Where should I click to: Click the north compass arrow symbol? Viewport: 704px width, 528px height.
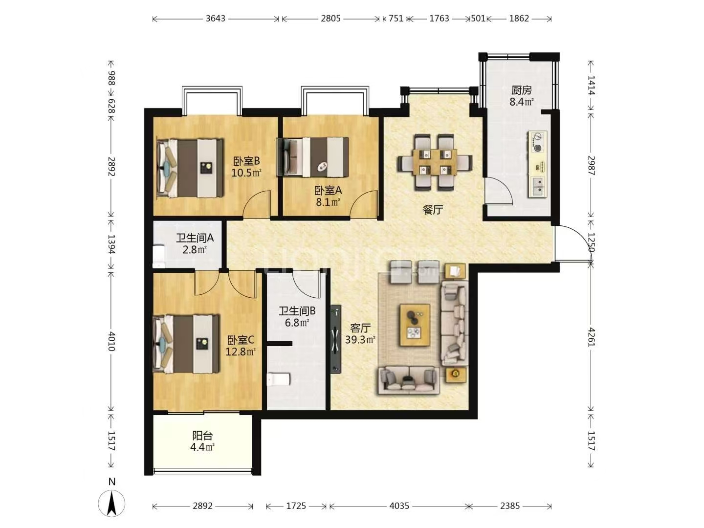[x=111, y=504]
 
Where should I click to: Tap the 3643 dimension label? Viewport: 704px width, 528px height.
[x=216, y=18]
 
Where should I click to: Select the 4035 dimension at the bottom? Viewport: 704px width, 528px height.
[x=399, y=506]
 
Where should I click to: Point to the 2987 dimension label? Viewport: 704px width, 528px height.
[x=591, y=165]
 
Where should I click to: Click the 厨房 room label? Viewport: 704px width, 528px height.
[x=522, y=90]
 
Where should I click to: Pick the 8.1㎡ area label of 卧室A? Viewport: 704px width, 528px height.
[x=328, y=202]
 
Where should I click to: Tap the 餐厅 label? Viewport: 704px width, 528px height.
[x=433, y=210]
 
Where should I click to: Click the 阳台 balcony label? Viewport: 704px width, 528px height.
[x=202, y=436]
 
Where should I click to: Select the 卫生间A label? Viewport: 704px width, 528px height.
[x=195, y=238]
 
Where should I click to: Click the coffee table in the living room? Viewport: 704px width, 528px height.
[x=415, y=325]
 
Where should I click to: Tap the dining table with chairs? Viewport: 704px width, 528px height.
[x=435, y=162]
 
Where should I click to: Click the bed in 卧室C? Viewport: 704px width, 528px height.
[x=187, y=344]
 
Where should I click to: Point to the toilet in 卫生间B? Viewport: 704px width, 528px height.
[x=279, y=379]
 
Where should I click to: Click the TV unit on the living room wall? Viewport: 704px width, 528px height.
[x=336, y=339]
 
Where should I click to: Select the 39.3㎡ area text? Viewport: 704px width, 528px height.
[x=360, y=339]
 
